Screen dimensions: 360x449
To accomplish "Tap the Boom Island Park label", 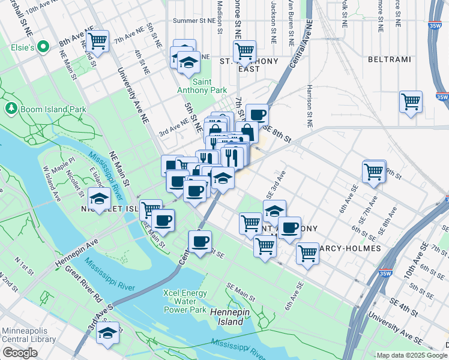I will [x=53, y=109].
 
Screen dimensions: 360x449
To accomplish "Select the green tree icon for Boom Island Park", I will [x=11, y=109].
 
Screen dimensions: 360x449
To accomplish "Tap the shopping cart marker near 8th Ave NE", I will [x=97, y=42].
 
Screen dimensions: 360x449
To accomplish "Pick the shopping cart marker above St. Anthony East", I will [x=244, y=52].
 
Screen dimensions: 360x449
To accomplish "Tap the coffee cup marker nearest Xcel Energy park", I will [x=200, y=242].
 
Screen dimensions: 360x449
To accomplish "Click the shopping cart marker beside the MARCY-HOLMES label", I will [x=307, y=253].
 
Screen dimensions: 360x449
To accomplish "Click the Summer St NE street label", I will [x=193, y=20].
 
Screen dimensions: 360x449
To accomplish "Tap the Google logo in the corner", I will [x=20, y=353].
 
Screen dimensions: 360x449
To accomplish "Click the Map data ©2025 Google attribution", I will [x=411, y=355].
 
